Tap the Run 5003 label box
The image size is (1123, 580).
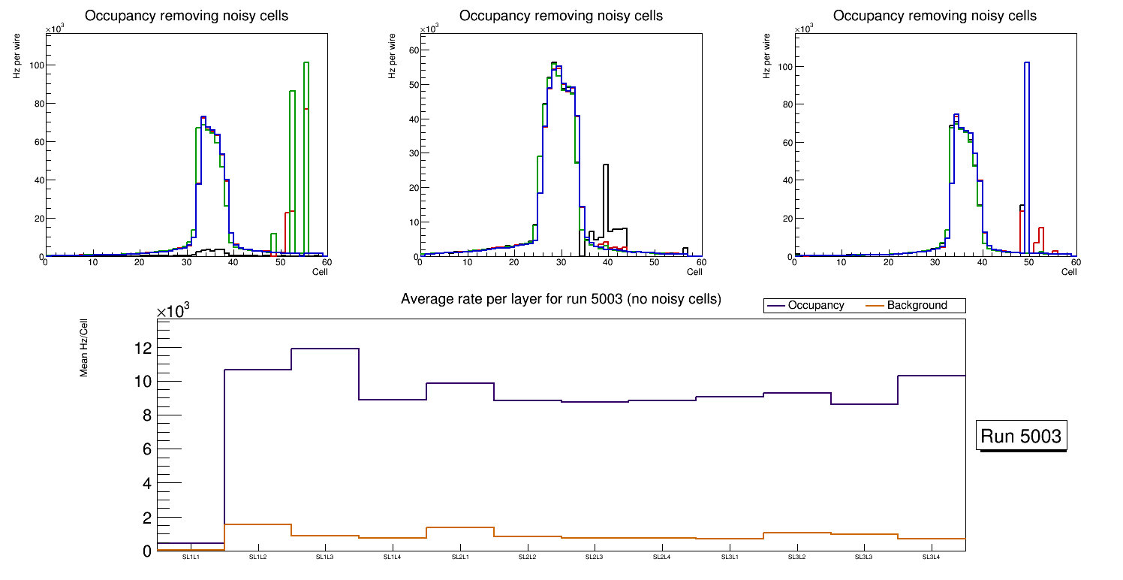(1021, 437)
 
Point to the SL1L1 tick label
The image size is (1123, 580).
(191, 557)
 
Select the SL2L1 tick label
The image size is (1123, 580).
(460, 557)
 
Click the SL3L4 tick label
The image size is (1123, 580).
(932, 557)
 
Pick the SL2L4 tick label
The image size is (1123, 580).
(662, 557)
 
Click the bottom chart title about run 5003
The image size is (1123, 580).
(561, 299)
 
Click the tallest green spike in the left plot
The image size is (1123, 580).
(306, 63)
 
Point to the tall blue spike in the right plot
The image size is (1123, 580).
(1026, 63)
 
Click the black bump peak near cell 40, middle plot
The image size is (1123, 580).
(605, 165)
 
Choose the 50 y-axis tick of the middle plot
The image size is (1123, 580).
(411, 84)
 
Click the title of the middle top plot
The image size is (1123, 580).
(561, 16)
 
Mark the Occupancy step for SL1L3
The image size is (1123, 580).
(325, 349)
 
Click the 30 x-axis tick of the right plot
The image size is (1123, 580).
(935, 262)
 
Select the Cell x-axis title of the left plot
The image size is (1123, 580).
(320, 271)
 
